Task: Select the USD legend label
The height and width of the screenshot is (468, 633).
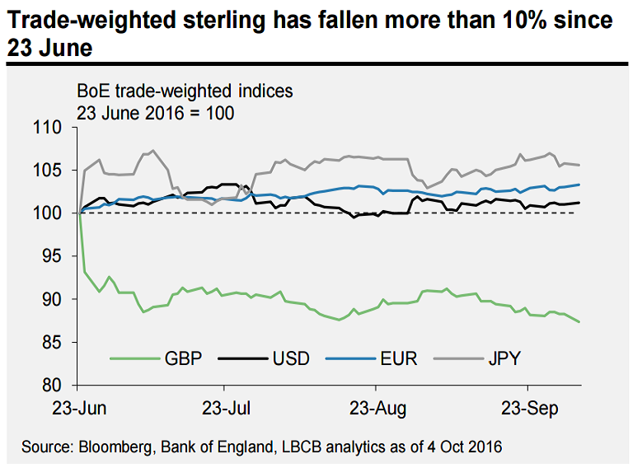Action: [x=290, y=358]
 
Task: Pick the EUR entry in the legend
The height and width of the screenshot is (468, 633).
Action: [x=399, y=358]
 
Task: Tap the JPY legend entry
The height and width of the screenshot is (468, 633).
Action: [x=504, y=358]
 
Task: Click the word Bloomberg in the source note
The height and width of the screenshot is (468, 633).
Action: [x=117, y=447]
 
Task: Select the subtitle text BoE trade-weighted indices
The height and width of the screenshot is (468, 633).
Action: [x=185, y=90]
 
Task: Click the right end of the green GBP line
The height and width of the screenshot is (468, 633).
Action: [x=579, y=321]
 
